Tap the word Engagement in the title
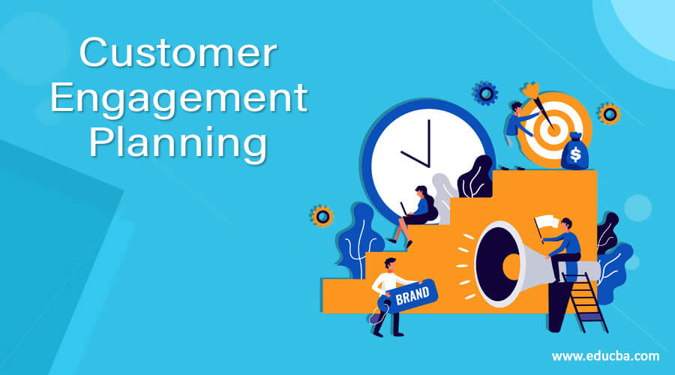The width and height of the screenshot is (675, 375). click(178, 100)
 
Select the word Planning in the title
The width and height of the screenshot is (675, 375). click(178, 142)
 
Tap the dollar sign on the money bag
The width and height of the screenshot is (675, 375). click(575, 155)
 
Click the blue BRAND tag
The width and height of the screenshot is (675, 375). click(412, 295)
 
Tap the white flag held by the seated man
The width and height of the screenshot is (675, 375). click(546, 222)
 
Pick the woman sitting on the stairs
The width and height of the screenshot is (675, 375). click(417, 211)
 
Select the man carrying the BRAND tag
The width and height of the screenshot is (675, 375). click(391, 293)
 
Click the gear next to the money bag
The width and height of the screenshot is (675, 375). click(609, 114)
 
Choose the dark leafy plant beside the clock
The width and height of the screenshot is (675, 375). click(475, 179)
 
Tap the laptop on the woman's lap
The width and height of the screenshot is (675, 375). click(406, 209)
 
